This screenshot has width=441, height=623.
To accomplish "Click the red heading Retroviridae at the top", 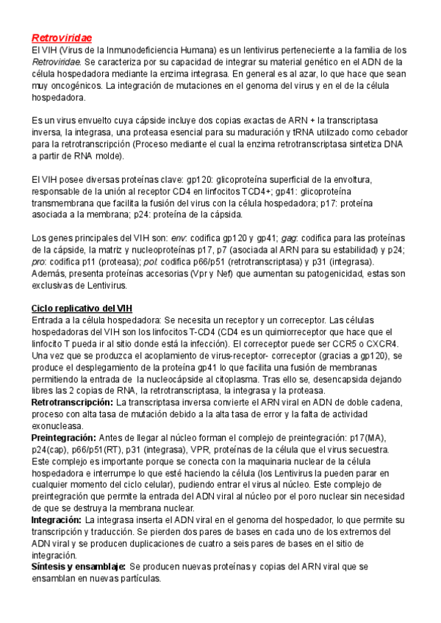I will (x=61, y=37).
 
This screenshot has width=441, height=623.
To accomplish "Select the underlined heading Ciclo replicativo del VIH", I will (x=82, y=307).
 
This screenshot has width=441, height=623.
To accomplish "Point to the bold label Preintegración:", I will (x=64, y=438).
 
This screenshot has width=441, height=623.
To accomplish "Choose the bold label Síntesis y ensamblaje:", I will (x=78, y=568).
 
